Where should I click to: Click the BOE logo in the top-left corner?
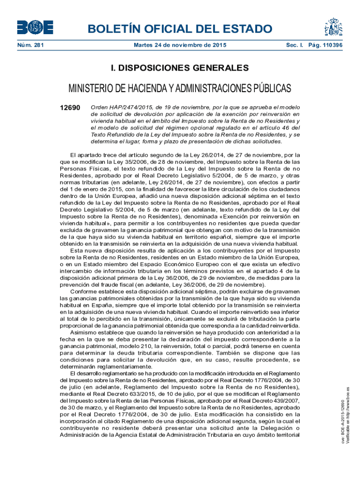point(35,27)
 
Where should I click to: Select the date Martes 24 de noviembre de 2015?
point(180,45)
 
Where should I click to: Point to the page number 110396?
point(330,45)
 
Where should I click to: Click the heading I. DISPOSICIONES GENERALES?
point(180,68)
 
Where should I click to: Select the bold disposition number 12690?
point(70,108)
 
